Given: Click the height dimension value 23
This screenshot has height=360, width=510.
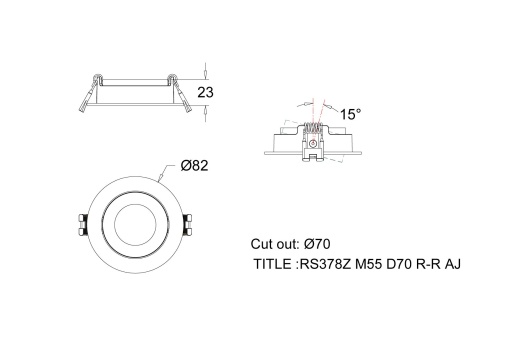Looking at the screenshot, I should coord(206,91).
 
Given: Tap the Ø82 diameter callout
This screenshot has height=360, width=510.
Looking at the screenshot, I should coord(195,165).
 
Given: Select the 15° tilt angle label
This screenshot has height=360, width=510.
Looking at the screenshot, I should coord(351,114).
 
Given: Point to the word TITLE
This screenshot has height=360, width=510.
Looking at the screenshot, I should coord(274,265).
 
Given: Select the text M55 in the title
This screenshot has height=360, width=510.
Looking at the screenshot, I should coord(370,265).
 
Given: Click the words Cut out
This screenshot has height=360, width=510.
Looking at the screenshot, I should coord(273,244).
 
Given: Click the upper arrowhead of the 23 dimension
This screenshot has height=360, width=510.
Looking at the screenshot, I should coord(204,74).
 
